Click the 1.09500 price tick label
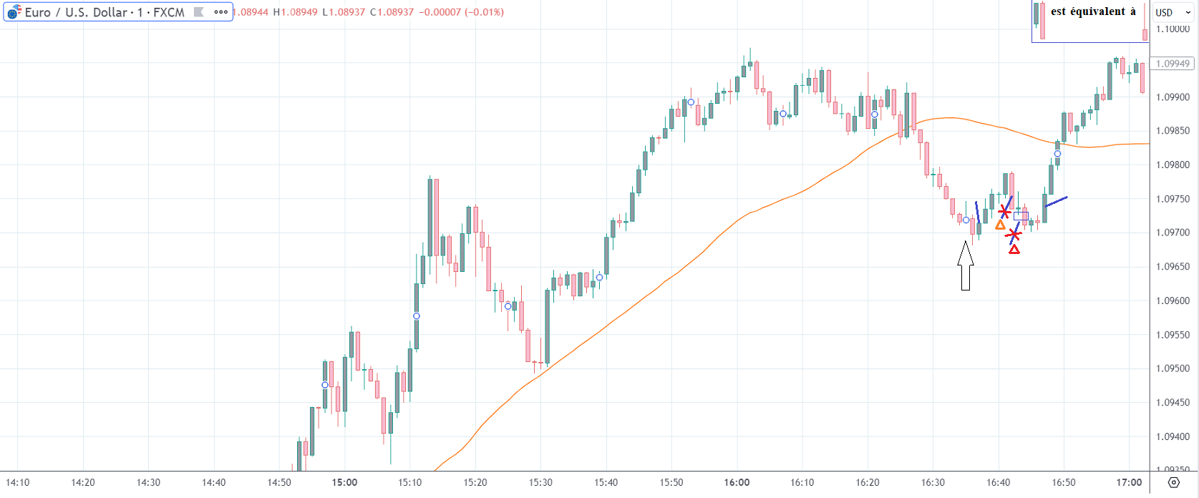coord(1173,368)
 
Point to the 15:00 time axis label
coord(344,482)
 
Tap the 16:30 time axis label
coord(933,482)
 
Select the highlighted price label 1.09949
coord(1173,64)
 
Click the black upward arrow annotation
coord(966,265)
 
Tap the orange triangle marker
coord(1000,225)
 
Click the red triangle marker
coord(1014,249)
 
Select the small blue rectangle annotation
coord(1021,215)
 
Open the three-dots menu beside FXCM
coord(221,12)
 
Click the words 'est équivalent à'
coord(1093,11)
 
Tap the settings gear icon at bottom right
coord(1173,482)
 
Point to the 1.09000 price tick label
coord(1173,97)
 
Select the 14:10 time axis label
coord(17,482)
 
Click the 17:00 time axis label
coord(1129,482)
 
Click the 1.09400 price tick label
coord(1173,436)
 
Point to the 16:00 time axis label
coord(737,482)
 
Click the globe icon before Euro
coord(14,12)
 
